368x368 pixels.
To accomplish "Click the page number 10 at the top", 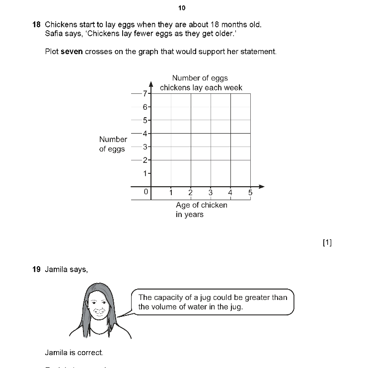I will point(181,8).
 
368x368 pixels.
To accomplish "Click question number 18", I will point(36,24).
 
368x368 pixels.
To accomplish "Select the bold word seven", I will point(72,51).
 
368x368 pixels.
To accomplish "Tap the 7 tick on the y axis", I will point(145,93).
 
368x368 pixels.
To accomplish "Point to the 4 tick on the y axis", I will point(145,133).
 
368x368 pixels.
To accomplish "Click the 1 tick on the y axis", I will point(146,173).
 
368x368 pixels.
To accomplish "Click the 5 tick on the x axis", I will point(250,193).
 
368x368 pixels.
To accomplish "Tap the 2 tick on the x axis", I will point(190,193).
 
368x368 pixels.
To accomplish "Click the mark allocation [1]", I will point(327,242).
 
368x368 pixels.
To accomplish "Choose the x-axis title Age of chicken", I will point(202,205).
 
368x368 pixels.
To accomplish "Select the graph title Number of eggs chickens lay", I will point(201,83).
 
